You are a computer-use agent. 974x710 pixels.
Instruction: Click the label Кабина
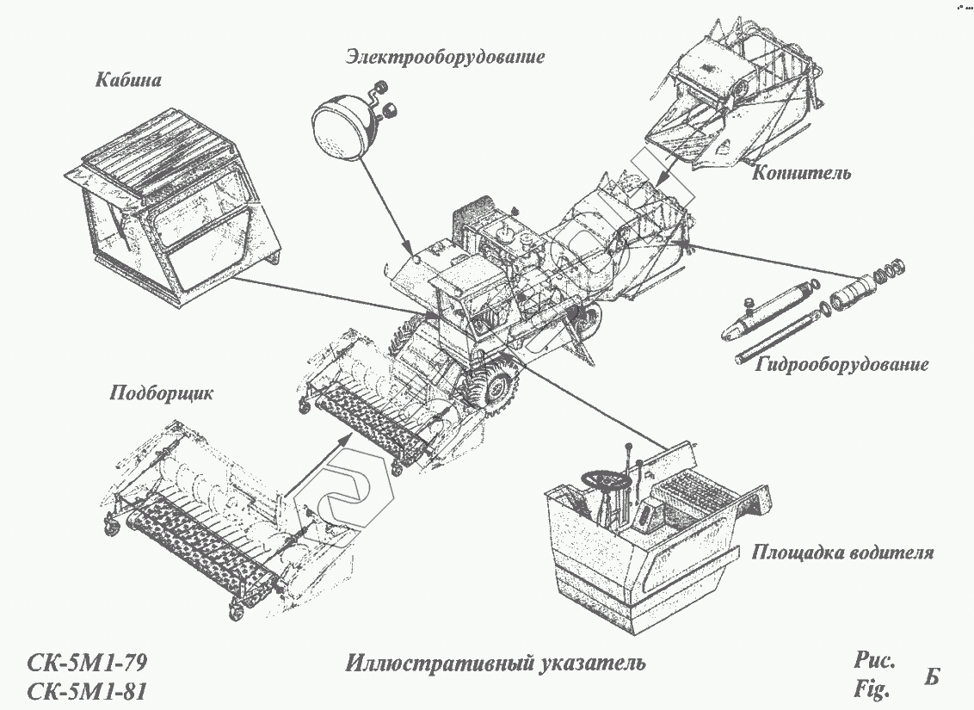pos(128,80)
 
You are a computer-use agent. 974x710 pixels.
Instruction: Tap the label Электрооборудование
pos(446,58)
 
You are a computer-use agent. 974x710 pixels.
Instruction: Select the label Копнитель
pos(801,173)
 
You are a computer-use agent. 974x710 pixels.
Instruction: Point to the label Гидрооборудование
pos(842,364)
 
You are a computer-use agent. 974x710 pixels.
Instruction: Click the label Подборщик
pos(161,393)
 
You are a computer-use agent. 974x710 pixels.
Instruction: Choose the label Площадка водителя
pos(842,552)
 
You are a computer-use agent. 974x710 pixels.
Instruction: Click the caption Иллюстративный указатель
pos(496,664)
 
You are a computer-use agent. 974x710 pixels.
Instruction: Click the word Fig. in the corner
pos(870,689)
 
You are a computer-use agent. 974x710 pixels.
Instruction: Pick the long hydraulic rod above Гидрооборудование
pos(779,339)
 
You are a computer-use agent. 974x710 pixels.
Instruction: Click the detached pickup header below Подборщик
pos(215,525)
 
